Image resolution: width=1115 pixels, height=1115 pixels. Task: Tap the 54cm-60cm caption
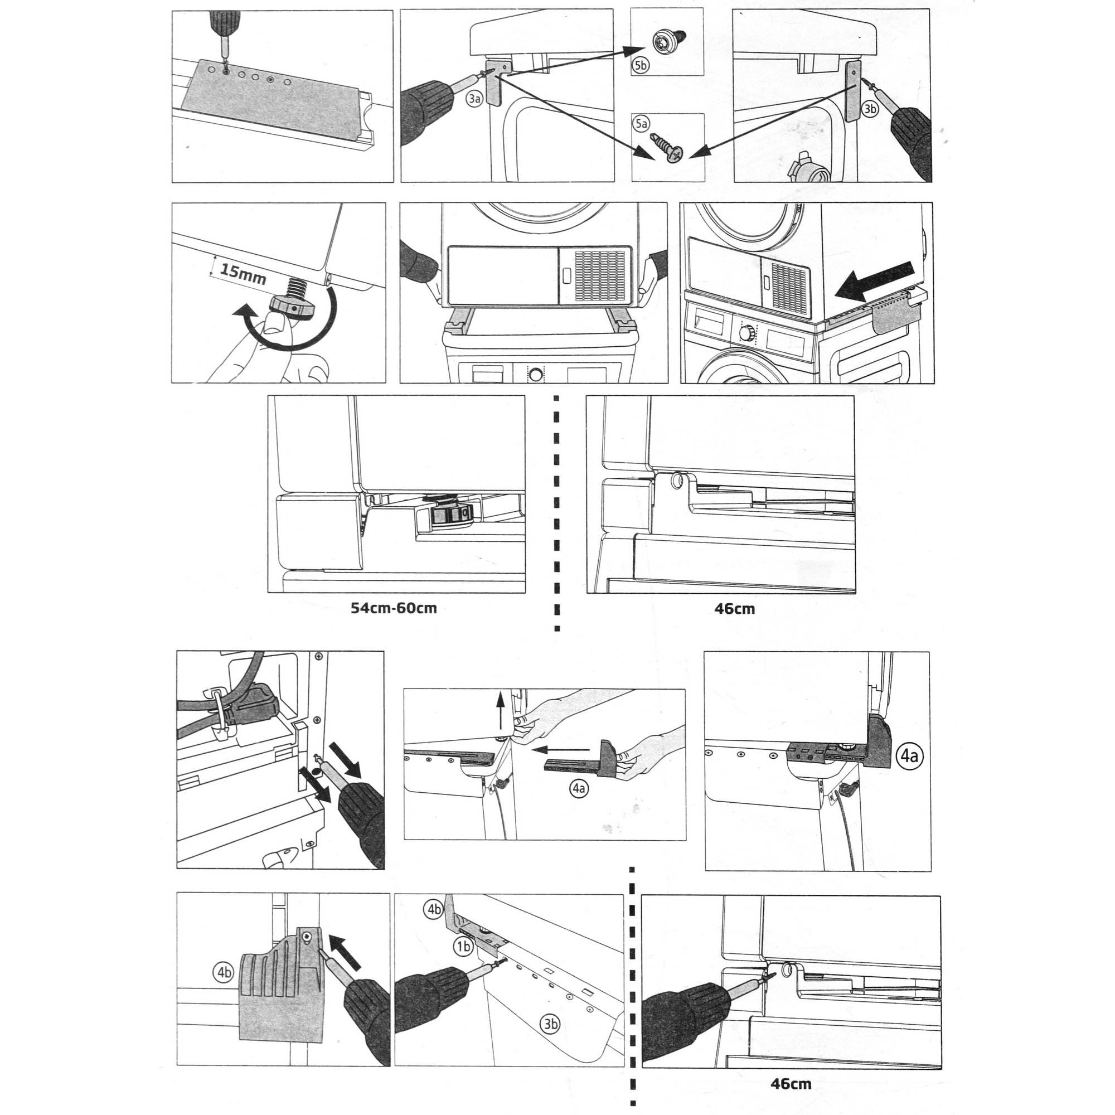click(394, 608)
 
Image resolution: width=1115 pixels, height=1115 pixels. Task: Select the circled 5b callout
click(641, 65)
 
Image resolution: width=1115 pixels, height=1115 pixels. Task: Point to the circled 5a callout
click(641, 124)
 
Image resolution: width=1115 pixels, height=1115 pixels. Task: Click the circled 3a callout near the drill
click(474, 99)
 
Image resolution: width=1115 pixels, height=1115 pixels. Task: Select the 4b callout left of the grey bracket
click(224, 972)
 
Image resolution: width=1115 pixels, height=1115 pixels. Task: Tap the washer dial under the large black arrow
click(747, 333)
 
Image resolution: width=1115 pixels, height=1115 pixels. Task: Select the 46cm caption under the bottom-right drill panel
click(791, 1084)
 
